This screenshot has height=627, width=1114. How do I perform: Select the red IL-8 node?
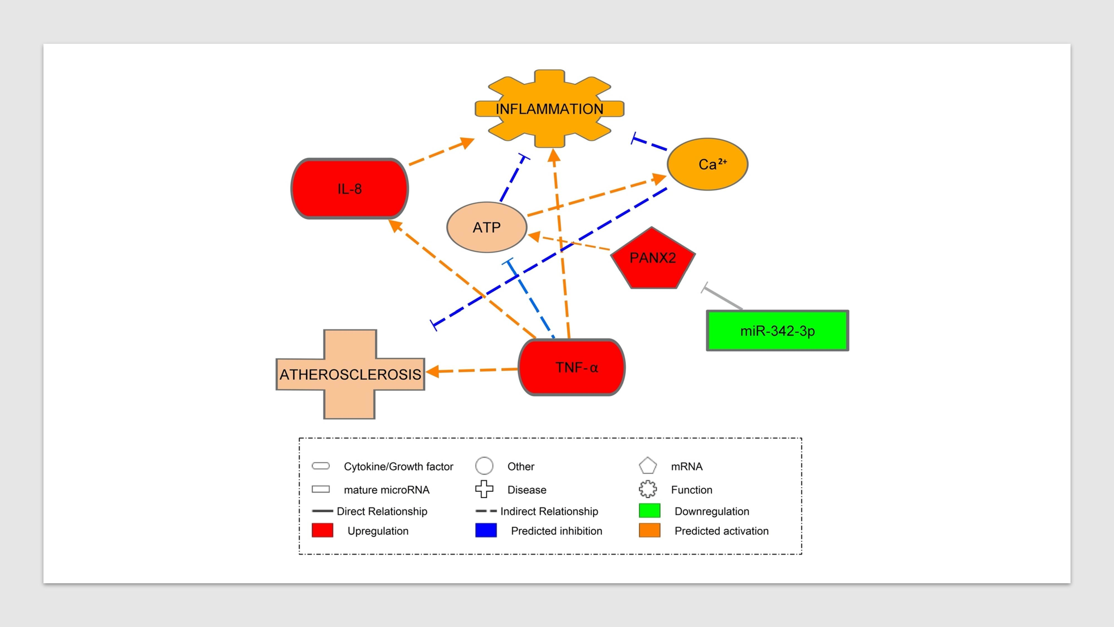coord(350,189)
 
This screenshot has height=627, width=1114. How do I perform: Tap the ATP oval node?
coord(487,227)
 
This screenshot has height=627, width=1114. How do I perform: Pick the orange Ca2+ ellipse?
coord(707,164)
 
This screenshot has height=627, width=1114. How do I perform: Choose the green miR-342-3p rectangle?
coord(777,330)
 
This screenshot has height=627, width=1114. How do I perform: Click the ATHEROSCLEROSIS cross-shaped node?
coord(350,374)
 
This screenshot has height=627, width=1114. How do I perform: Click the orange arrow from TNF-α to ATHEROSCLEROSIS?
coord(476,370)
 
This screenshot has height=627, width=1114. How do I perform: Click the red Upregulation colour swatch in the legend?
coord(322,531)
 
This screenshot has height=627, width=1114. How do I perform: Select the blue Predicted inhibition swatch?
coord(486,531)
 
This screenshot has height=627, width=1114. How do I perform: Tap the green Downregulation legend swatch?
coord(649,511)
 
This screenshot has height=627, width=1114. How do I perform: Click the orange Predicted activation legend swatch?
coord(649,531)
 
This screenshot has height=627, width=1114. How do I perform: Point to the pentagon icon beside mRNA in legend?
coord(648,466)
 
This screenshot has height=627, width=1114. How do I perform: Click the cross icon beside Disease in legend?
coord(484,489)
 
